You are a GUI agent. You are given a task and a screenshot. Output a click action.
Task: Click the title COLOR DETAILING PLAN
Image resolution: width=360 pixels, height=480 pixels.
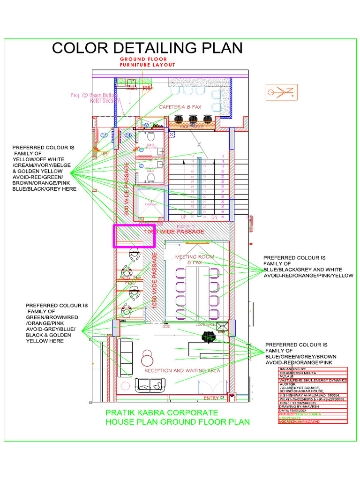click(x=147, y=48)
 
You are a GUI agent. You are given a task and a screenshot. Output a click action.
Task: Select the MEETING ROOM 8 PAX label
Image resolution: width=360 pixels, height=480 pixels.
click(x=195, y=260)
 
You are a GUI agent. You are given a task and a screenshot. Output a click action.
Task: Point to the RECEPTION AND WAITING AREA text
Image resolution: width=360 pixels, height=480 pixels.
click(x=182, y=370)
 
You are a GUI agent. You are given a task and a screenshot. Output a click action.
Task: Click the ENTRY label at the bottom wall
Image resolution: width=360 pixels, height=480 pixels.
click(x=211, y=398)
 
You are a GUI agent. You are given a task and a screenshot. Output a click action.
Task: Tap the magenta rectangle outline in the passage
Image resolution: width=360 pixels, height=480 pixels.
click(x=134, y=236)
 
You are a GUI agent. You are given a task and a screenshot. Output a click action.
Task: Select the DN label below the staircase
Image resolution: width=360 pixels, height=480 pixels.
click(x=215, y=217)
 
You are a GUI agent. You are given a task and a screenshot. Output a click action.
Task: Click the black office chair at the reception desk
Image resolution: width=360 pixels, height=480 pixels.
click(x=208, y=336)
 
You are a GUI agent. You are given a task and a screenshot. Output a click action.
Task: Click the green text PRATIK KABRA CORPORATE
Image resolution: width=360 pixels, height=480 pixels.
click(x=161, y=413)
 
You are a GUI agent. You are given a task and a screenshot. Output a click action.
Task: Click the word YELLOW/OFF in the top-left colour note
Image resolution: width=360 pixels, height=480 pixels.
click(x=32, y=159)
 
